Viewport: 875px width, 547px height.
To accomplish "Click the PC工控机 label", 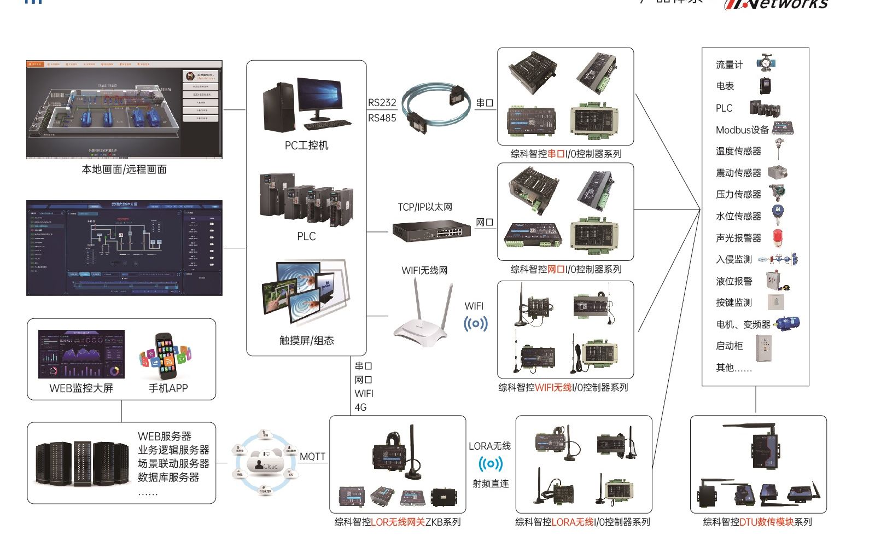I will click(306, 146).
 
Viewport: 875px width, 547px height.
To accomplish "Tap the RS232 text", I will click(382, 103).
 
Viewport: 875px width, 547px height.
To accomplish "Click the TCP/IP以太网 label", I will click(425, 207).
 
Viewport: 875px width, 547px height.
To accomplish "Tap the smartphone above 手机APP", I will click(166, 356).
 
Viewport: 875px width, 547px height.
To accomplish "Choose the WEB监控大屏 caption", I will click(81, 388).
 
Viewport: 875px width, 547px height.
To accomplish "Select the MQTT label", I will click(312, 457).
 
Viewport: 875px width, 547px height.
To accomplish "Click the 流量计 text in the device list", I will click(729, 65).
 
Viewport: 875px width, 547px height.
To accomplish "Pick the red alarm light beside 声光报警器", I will click(778, 237).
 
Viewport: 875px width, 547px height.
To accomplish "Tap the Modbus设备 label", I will click(742, 130).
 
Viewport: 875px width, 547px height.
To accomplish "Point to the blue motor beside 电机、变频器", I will click(787, 324).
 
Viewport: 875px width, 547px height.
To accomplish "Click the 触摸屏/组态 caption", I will click(306, 341).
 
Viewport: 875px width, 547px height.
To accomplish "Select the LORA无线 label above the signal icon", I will click(489, 446).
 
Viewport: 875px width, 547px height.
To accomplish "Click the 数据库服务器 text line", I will click(168, 478).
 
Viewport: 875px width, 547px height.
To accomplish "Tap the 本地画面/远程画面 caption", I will click(124, 170).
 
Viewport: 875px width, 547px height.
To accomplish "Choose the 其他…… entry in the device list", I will click(733, 368).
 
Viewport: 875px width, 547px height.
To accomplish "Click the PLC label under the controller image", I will click(306, 236).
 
